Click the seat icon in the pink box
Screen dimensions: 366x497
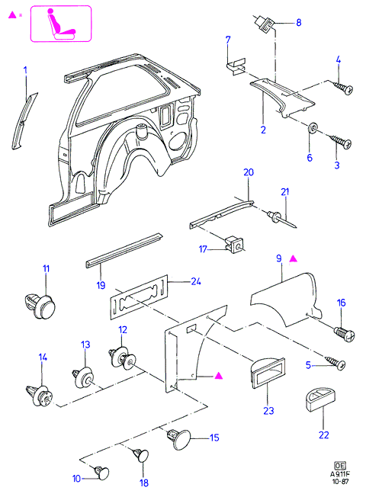[61, 24]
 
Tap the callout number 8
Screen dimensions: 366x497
[298, 23]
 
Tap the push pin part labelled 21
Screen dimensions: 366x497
[282, 220]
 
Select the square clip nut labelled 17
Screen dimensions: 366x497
[236, 245]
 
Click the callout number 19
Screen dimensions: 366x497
[101, 285]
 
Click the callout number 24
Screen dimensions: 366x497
[196, 281]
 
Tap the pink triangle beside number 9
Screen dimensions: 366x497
[294, 259]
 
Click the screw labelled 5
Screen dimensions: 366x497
[335, 362]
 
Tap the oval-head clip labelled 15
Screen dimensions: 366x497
[179, 439]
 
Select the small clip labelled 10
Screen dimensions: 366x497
[102, 473]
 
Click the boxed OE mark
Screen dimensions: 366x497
[339, 465]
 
